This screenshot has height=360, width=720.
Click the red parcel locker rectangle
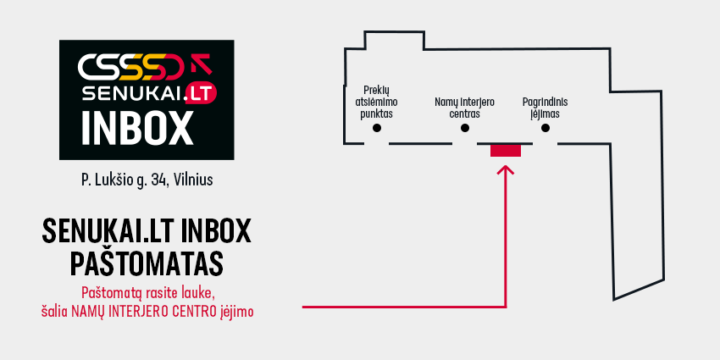(506, 151)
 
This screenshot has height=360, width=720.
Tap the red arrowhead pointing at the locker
(506, 170)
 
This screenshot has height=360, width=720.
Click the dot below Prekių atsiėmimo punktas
(377, 128)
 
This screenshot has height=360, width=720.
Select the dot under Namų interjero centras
(465, 128)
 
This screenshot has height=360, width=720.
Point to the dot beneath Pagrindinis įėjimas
(545, 128)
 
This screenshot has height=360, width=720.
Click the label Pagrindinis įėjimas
(545, 108)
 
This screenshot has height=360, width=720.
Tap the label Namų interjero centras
(465, 108)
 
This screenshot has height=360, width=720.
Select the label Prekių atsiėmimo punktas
(379, 102)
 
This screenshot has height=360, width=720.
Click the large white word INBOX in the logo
(137, 129)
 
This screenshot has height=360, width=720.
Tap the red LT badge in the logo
(201, 94)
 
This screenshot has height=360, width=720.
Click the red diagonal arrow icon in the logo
(201, 64)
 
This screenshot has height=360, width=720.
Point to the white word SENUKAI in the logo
(132, 94)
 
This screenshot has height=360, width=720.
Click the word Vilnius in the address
(194, 180)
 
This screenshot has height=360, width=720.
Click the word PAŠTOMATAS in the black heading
(147, 264)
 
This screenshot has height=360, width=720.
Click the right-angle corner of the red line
(506, 307)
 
